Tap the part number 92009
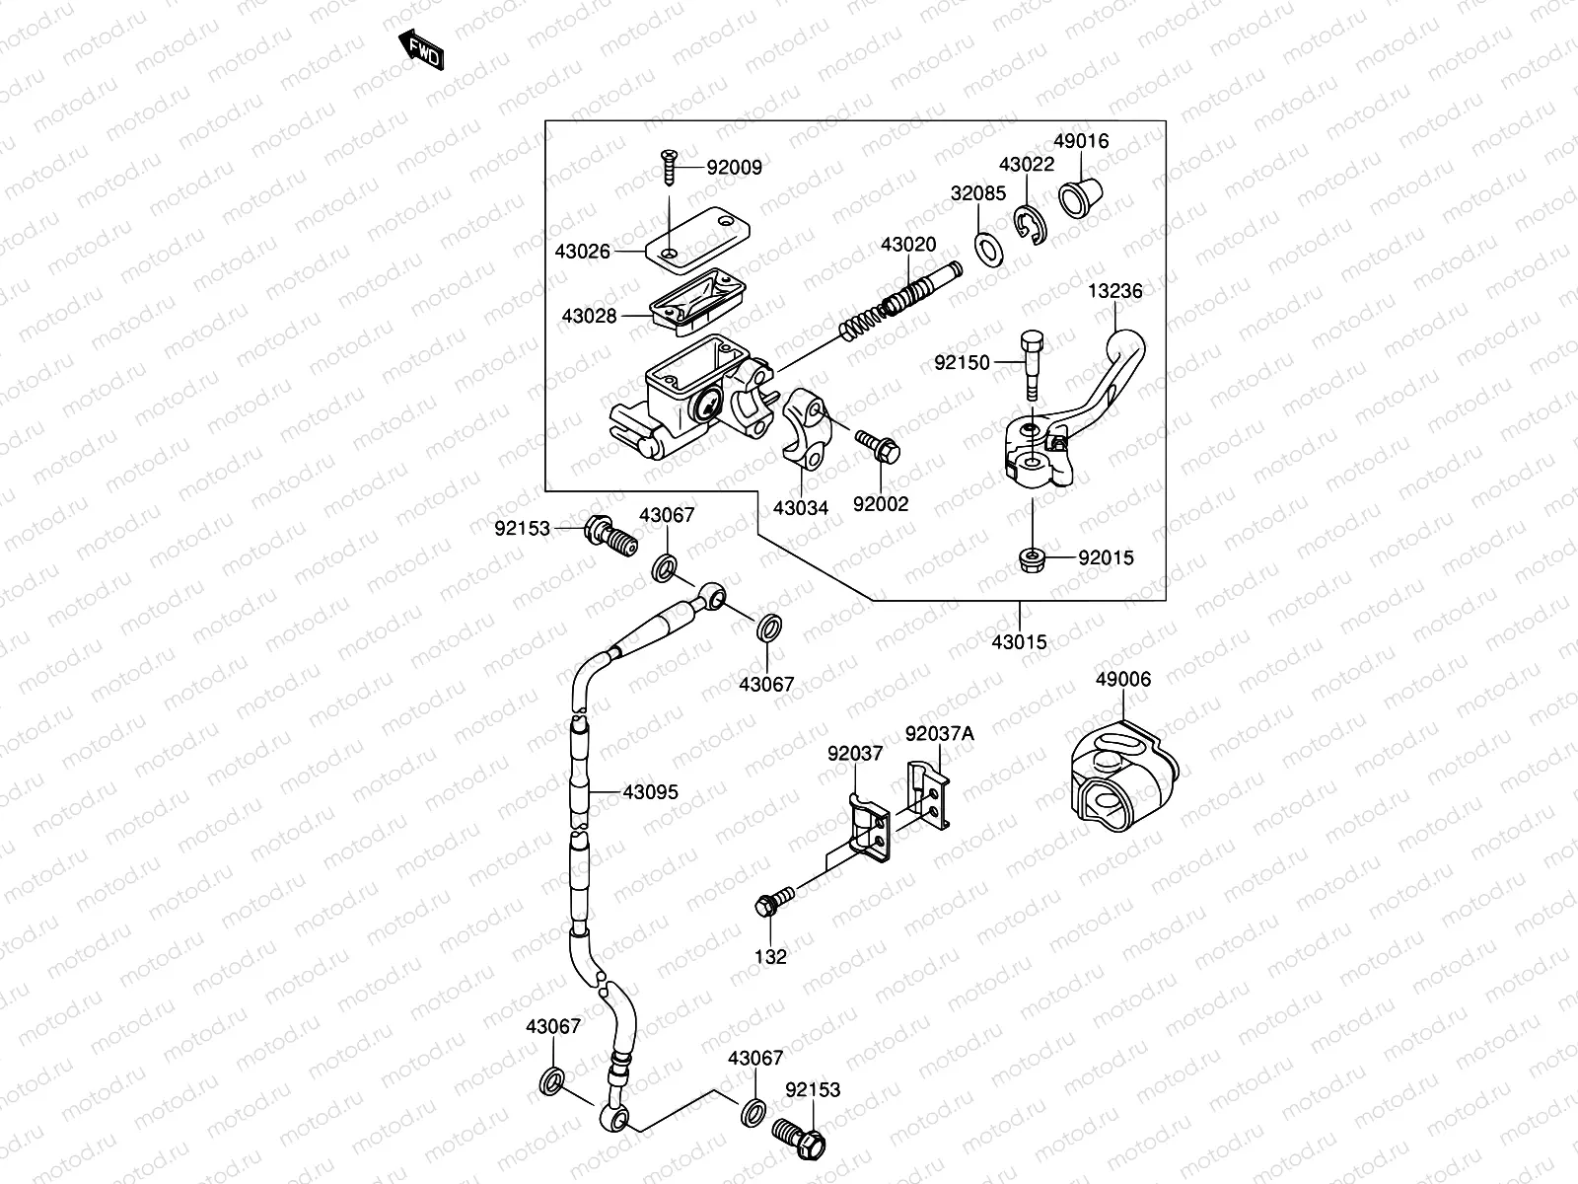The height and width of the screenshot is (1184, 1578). coord(734,168)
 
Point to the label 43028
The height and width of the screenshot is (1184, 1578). coord(589,316)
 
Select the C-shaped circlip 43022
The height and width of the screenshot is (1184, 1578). coord(1031,224)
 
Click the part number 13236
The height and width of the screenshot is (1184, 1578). coord(1115,291)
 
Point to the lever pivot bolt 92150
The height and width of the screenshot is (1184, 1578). coord(1032,360)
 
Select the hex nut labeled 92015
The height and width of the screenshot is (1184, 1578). coord(1032,560)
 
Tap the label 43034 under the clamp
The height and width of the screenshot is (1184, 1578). coord(800,507)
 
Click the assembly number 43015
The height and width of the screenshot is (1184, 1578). coord(1020,642)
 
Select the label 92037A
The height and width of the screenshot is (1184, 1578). coord(939,733)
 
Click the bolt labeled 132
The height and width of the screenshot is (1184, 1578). coord(775,901)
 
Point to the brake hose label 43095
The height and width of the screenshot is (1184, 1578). coord(650,792)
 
